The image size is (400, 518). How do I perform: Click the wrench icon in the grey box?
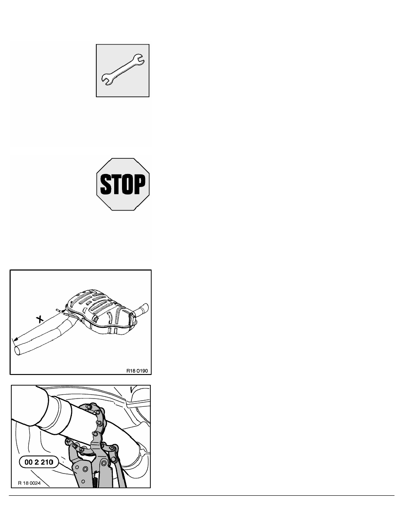pyautogui.click(x=122, y=70)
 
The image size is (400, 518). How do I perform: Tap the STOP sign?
pyautogui.click(x=123, y=184)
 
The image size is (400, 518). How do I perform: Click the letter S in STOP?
pyautogui.click(x=105, y=184)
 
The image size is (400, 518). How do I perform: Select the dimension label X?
pyautogui.click(x=40, y=319)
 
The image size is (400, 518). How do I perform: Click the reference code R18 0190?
pyautogui.click(x=137, y=371)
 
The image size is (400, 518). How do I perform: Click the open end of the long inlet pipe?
pyautogui.click(x=18, y=350)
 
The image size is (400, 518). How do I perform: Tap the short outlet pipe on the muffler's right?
pyautogui.click(x=141, y=310)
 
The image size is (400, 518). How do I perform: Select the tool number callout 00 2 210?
pyautogui.click(x=39, y=462)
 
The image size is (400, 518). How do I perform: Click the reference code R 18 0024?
pyautogui.click(x=29, y=483)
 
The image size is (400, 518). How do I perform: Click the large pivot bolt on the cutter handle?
pyautogui.click(x=85, y=469)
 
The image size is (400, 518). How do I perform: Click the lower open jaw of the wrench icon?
pyautogui.click(x=106, y=80)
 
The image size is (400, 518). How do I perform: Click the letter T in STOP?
pyautogui.click(x=117, y=184)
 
